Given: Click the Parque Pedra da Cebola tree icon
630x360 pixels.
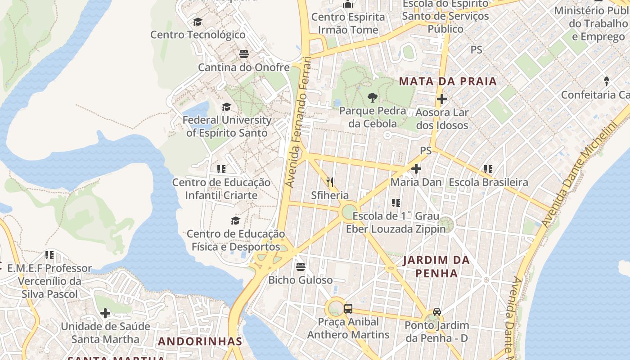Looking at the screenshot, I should tap(372, 97).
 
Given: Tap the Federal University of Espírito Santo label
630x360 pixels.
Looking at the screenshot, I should tap(227, 126).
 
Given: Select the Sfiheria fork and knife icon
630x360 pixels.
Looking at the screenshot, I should tap(330, 182).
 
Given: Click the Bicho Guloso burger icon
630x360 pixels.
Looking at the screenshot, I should tap(301, 267).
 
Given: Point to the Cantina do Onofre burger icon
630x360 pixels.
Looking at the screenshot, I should tap(244, 54).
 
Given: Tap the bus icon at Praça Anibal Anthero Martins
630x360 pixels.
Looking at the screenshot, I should tap(348, 309).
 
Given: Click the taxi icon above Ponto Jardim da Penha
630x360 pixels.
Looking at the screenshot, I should tap(436, 311).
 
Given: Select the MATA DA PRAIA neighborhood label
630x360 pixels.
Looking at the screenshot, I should tap(448, 81).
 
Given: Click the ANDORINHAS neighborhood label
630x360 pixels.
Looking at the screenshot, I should tap(200, 341).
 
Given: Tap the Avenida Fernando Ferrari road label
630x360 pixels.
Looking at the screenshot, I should tap(298, 121).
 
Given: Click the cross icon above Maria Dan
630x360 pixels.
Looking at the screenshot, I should tap(416, 169).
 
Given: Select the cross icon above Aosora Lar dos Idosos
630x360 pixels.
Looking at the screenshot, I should tap(441, 99).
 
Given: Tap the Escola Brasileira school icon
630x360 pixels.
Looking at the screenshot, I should tap(488, 169).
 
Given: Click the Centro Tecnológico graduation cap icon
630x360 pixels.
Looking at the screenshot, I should tap(198, 22).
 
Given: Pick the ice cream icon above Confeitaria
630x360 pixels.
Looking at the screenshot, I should tap(606, 81).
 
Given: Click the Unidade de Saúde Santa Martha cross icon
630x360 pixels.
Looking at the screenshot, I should tap(105, 313).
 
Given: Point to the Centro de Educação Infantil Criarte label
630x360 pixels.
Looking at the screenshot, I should tap(221, 189).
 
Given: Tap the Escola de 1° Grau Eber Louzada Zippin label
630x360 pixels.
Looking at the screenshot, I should tap(396, 222).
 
